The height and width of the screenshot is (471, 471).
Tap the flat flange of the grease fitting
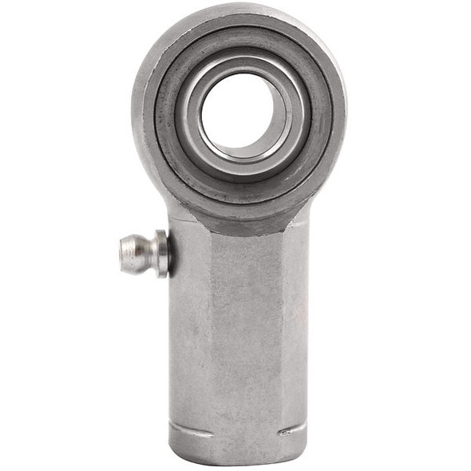click(163, 253)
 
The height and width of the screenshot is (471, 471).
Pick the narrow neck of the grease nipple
click(152, 253)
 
